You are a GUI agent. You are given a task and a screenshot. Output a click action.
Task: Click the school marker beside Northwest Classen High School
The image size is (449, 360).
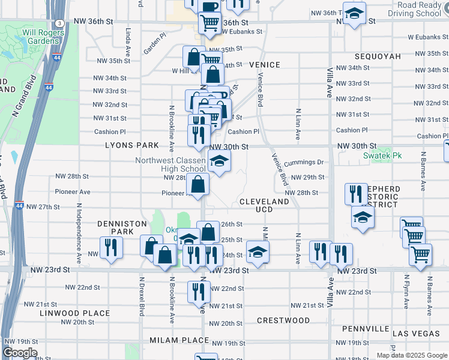(219, 161)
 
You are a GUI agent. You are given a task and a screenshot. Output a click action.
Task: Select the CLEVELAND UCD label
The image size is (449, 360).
(264, 205)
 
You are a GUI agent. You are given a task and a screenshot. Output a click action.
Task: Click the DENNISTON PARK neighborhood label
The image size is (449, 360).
(122, 227)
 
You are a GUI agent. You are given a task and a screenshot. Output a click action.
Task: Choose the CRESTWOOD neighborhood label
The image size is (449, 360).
(283, 320)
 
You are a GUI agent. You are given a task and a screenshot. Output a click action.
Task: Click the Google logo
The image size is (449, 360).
(20, 353)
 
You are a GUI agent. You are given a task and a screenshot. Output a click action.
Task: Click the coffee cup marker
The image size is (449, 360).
(208, 6)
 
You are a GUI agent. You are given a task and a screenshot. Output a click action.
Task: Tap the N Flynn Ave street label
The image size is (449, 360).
(406, 292)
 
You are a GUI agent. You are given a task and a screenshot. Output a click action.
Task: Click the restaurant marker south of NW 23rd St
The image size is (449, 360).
(198, 292)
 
